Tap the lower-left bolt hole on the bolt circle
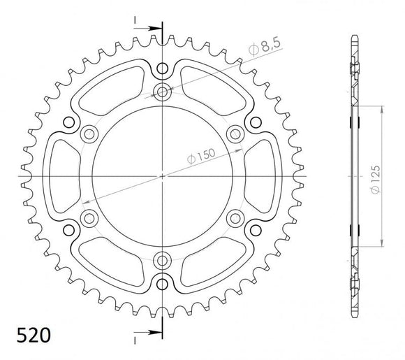pos(89,218)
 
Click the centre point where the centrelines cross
pos(163,175)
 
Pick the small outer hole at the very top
pos(163,69)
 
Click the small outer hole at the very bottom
pos(163,282)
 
